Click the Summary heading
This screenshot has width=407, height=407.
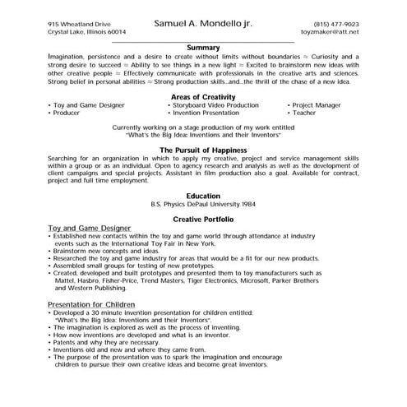203,47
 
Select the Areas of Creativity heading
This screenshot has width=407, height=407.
203,96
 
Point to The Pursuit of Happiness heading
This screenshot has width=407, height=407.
203,150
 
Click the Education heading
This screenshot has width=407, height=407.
203,195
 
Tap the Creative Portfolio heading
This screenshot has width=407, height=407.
203,220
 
